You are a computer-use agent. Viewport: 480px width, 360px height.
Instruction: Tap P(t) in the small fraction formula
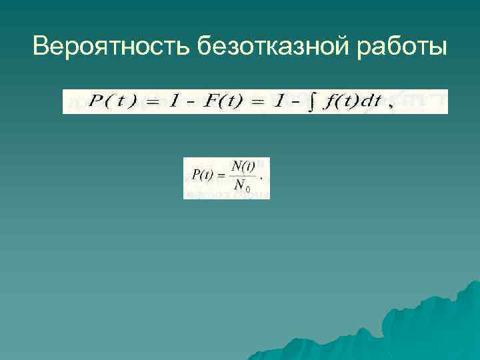tap(202, 175)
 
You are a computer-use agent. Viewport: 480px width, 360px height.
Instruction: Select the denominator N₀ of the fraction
tap(241, 187)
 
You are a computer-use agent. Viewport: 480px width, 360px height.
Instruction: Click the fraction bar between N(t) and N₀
tap(241, 176)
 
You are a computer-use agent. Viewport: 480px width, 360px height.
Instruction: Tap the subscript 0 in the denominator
tap(247, 189)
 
